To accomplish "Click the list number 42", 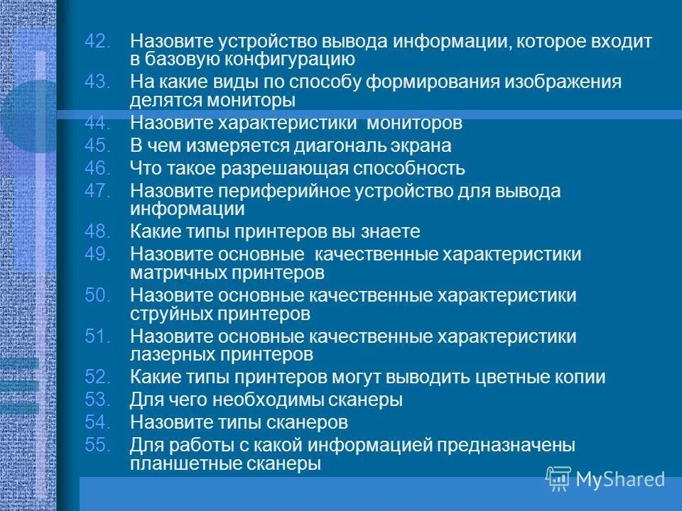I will (x=97, y=42).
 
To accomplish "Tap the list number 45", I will (x=97, y=146).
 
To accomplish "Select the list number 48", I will (x=97, y=231).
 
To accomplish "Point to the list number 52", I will (x=97, y=378).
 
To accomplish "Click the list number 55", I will (x=97, y=446).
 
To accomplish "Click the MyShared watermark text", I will (x=620, y=480).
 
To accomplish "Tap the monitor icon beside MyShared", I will (x=558, y=479).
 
